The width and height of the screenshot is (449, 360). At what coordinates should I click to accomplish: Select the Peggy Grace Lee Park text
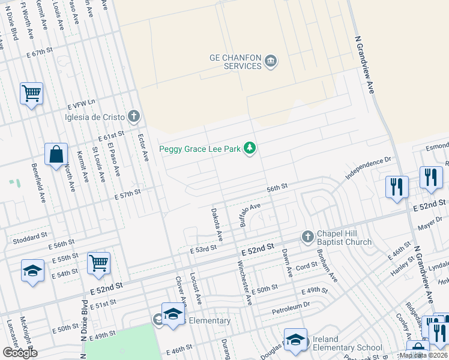pyautogui.click(x=199, y=149)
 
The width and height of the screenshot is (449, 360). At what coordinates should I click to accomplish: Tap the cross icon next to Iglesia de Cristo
pyautogui.click(x=134, y=116)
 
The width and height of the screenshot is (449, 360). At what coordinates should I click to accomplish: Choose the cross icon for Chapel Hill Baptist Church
pyautogui.click(x=307, y=237)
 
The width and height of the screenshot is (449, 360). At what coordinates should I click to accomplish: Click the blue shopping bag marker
pyautogui.click(x=56, y=155)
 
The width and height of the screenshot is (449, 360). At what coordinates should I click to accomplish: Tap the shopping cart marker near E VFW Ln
pyautogui.click(x=31, y=94)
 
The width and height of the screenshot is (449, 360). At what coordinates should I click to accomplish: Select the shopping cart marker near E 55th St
pyautogui.click(x=98, y=263)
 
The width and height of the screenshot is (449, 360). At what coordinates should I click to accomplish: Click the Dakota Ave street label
pyautogui.click(x=217, y=224)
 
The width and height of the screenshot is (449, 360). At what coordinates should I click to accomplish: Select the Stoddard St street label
pyautogui.click(x=30, y=238)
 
